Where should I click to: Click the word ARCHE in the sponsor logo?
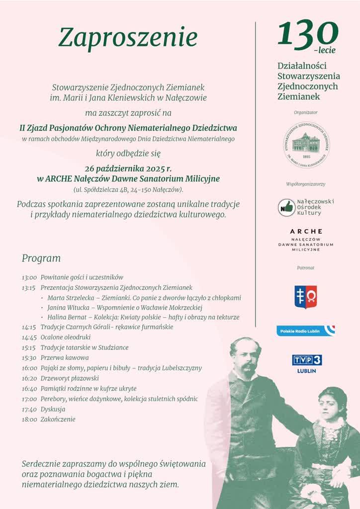click(x=306, y=231)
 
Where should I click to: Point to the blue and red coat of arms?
click(x=305, y=297)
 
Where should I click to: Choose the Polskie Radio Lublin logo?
click(x=305, y=331)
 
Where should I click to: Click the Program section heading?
click(x=41, y=258)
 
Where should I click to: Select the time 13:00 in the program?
click(x=29, y=277)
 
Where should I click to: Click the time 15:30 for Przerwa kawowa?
click(x=29, y=358)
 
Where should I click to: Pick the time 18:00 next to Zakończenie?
click(x=29, y=420)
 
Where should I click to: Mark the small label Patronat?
click(x=305, y=268)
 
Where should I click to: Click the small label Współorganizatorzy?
click(x=305, y=184)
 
